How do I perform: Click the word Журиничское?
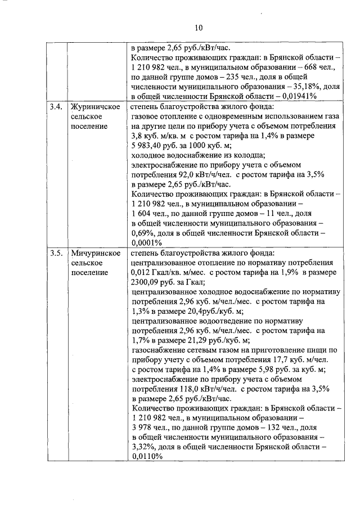pyautogui.click(x=94, y=106)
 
